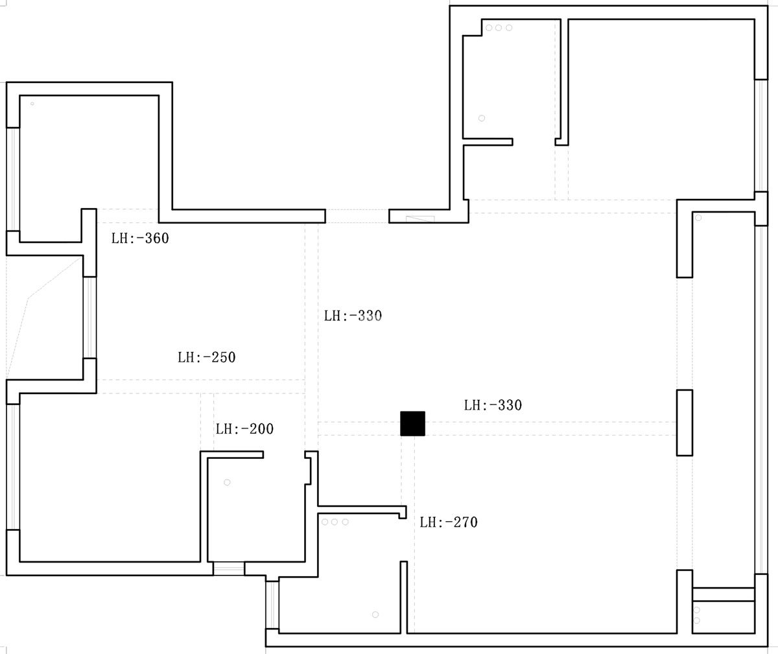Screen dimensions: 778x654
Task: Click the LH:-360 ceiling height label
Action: click(140, 239)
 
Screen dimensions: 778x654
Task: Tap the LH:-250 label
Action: click(206, 358)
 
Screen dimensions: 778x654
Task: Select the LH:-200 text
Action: click(244, 429)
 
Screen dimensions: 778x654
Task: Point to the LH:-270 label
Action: click(449, 522)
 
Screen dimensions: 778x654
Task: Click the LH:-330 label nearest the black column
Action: click(493, 405)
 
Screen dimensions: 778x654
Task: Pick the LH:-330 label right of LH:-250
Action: click(353, 316)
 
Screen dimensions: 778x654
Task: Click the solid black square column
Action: click(412, 423)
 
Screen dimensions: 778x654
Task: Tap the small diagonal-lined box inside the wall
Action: click(420, 218)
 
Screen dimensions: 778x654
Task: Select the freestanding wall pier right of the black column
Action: click(685, 423)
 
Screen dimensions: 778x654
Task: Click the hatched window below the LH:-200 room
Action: click(229, 568)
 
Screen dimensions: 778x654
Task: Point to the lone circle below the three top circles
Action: click(482, 118)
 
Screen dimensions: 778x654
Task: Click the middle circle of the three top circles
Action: click(499, 28)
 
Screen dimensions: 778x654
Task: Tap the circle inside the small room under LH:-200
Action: click(227, 482)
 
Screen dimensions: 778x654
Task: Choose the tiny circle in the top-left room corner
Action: click(32, 104)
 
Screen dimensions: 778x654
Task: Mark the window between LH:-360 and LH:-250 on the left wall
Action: click(89, 318)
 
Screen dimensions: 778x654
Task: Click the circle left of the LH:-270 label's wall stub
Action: click(345, 522)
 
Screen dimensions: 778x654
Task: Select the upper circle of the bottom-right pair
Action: click(696, 610)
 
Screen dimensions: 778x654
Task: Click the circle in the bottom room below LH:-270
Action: click(375, 614)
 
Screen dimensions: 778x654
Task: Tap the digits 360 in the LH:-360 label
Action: click(157, 239)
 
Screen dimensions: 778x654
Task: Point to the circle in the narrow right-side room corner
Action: click(698, 218)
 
